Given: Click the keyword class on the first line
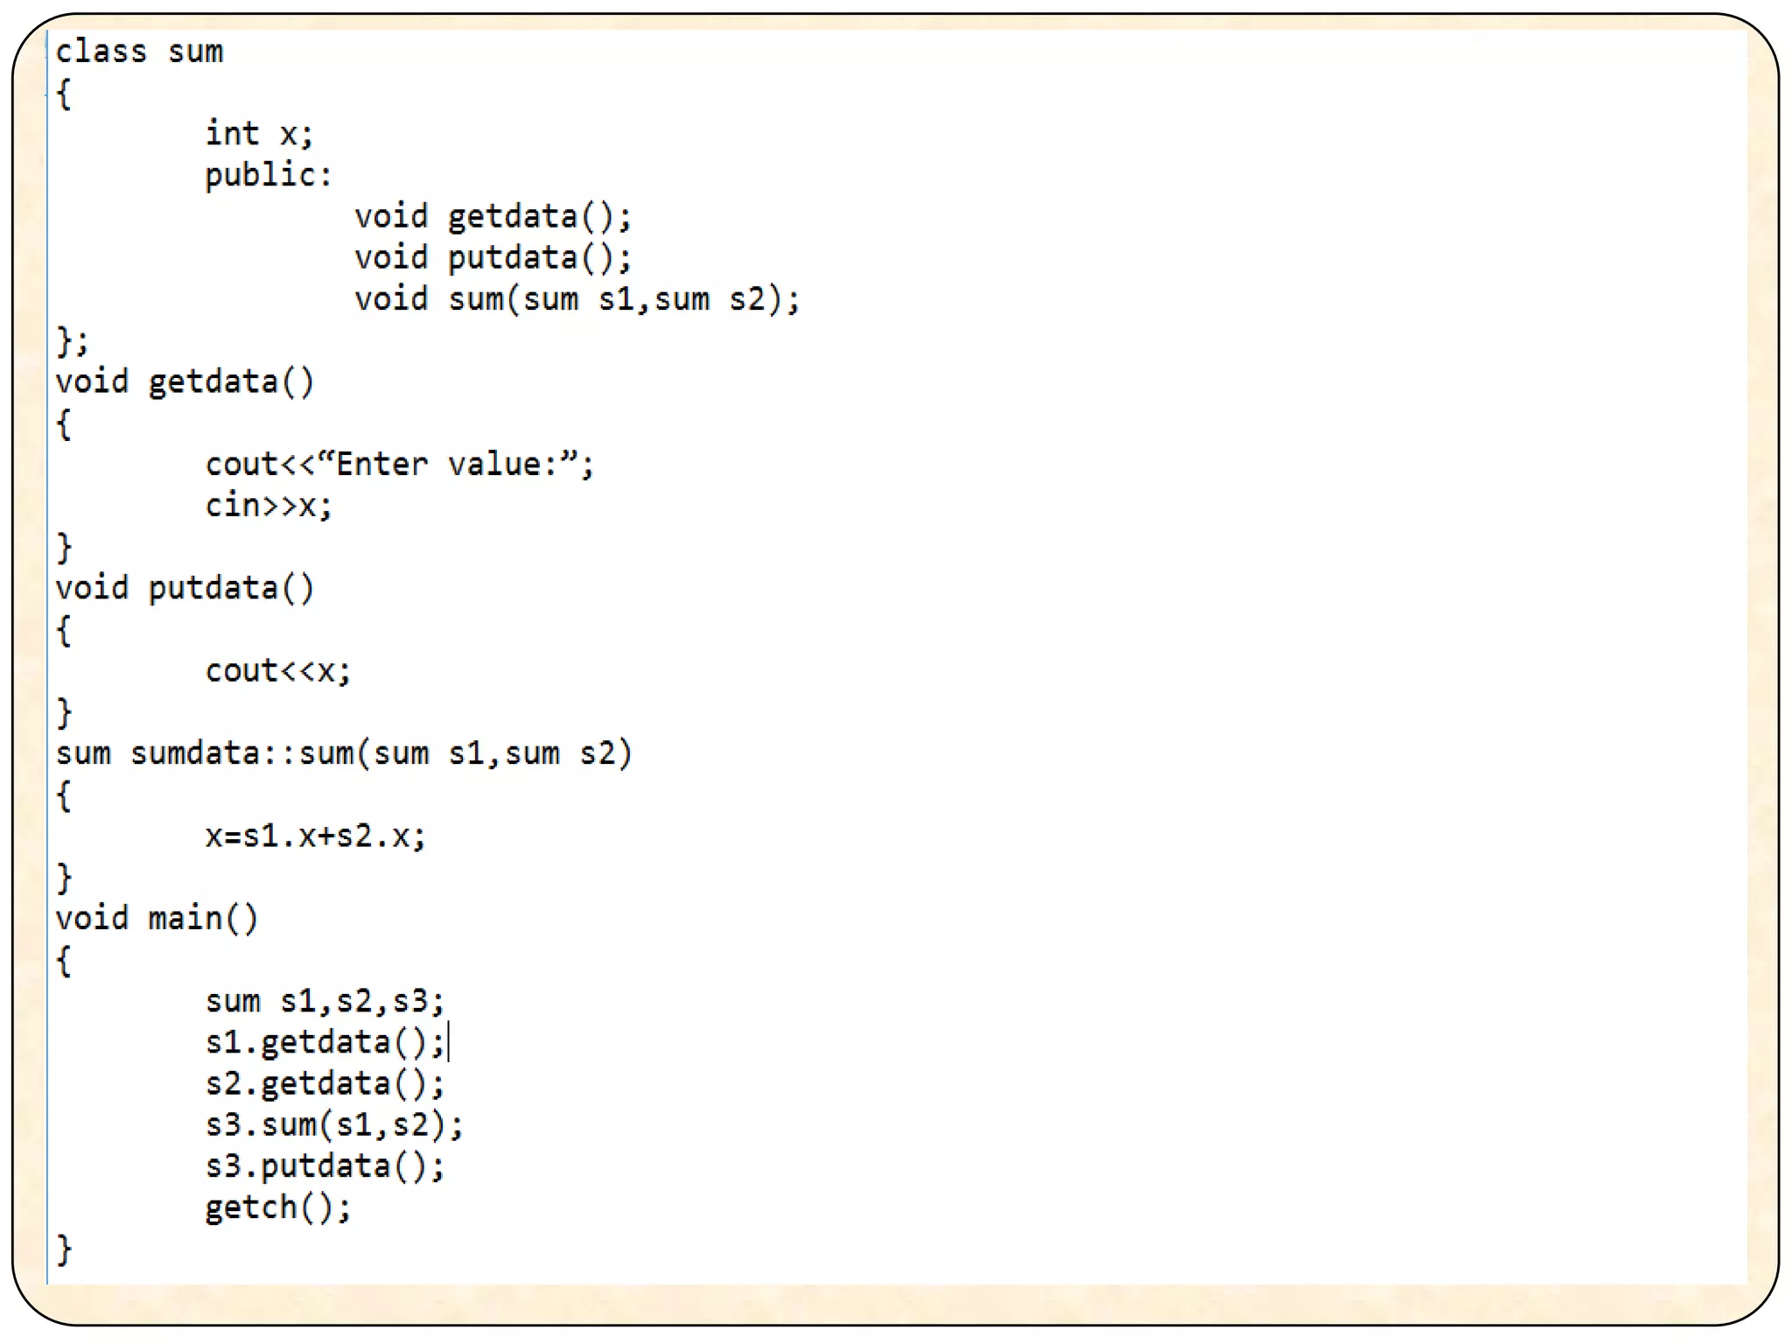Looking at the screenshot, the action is click(101, 52).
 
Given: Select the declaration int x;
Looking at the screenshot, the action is click(259, 134).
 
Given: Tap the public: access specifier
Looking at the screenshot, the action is click(269, 175).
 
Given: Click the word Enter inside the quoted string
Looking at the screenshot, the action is click(382, 464).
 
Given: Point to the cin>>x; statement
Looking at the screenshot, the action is click(269, 506).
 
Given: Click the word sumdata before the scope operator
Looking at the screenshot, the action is click(194, 753).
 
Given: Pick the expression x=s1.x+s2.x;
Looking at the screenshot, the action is click(315, 836).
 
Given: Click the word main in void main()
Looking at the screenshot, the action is click(185, 919).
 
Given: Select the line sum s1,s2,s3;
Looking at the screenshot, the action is click(325, 1001).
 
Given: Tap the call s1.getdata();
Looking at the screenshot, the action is click(325, 1042).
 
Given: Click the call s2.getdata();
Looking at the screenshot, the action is click(325, 1084).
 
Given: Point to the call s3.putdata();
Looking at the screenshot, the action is click(325, 1166).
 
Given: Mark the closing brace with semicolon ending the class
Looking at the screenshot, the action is click(72, 340).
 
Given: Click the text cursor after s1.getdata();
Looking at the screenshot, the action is click(449, 1041).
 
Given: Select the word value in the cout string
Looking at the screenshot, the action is click(493, 464).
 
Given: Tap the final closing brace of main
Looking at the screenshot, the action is click(64, 1249).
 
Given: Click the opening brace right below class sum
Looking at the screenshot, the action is click(64, 94).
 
